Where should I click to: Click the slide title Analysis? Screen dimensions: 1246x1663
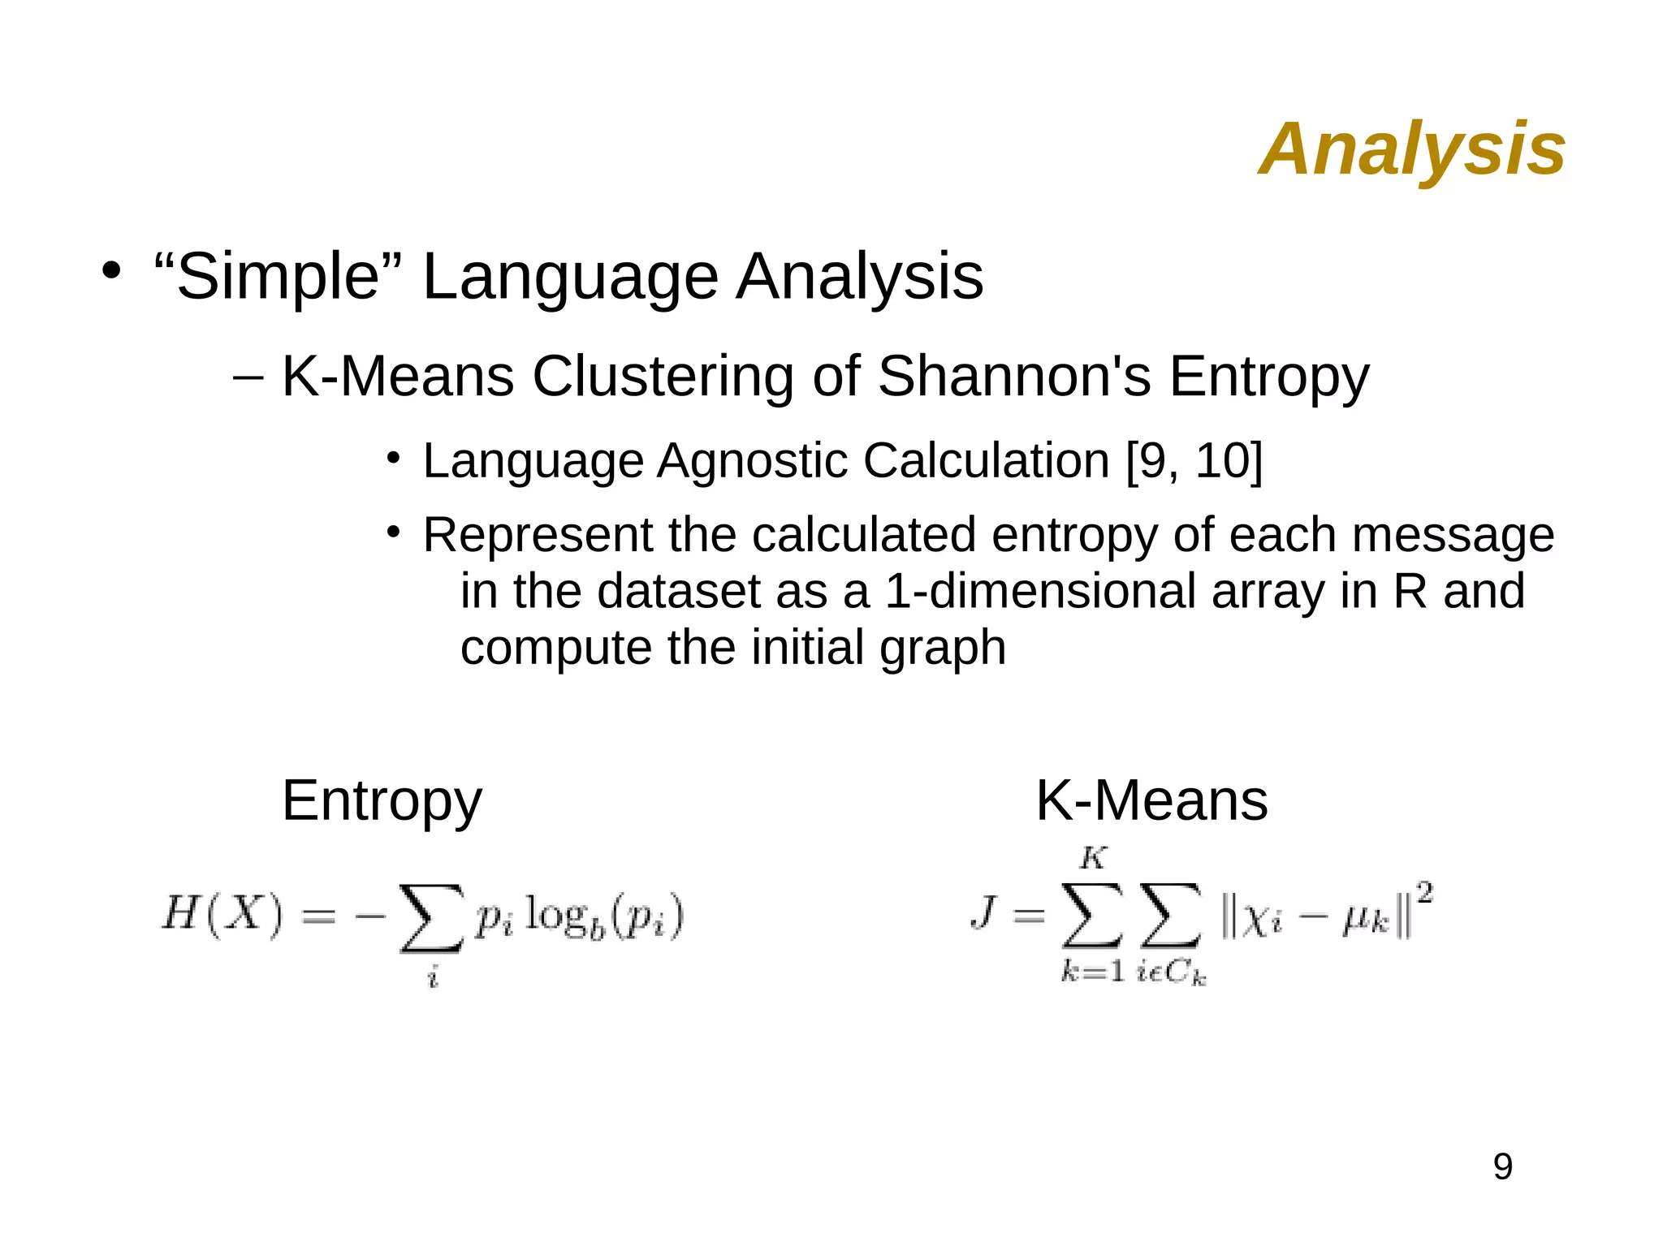click(1411, 149)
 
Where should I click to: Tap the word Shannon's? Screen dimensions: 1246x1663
click(1014, 377)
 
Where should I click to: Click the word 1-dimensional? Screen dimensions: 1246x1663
click(1039, 591)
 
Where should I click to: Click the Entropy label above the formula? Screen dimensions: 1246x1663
click(382, 801)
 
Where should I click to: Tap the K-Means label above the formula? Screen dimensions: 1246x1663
click(1151, 801)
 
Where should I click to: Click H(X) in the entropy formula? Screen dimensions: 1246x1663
click(222, 914)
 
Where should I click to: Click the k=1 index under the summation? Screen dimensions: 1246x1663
click(1092, 971)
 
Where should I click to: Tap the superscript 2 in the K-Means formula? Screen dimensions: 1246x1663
click(1424, 894)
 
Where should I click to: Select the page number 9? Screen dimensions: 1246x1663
click(1502, 1167)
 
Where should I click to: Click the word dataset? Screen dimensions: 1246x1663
click(679, 591)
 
